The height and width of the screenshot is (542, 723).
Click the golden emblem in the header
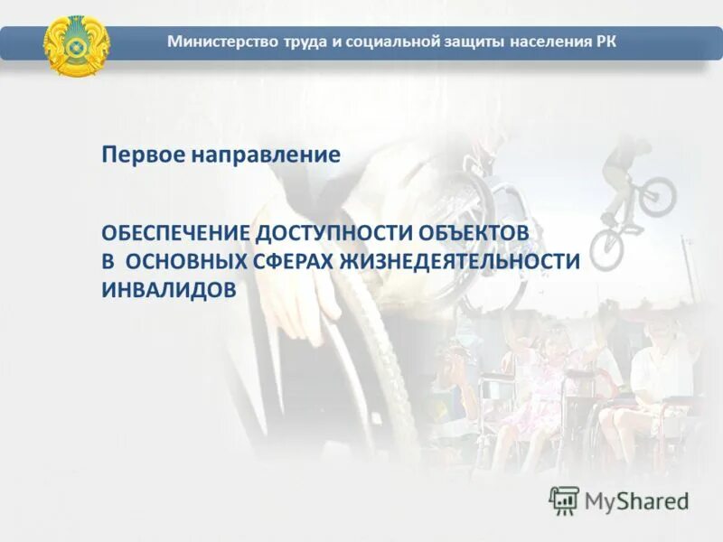(77, 44)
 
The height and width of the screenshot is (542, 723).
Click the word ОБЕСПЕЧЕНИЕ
(175, 232)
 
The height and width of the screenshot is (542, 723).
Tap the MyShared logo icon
(564, 500)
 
